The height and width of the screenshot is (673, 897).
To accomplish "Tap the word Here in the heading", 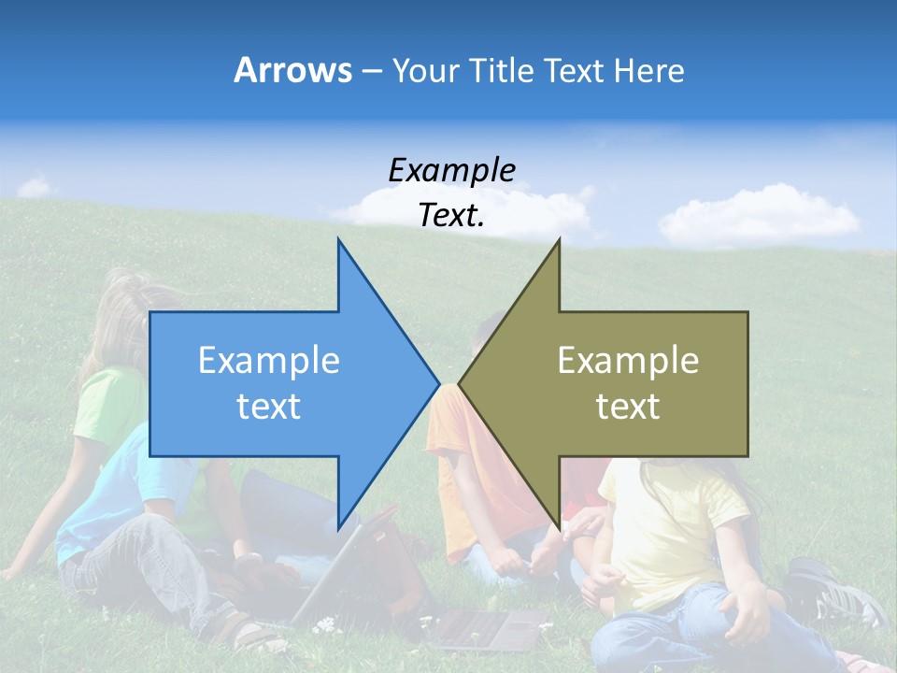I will click(649, 70).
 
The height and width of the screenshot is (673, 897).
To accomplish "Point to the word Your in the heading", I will click(425, 70).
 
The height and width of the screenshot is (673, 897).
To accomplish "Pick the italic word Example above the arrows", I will click(451, 170).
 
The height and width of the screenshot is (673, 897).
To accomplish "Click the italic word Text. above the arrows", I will click(451, 215).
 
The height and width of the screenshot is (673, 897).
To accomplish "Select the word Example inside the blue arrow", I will click(268, 361).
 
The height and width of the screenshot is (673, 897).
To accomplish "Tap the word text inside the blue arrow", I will click(268, 407).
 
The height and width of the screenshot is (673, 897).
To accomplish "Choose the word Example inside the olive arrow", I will click(628, 361).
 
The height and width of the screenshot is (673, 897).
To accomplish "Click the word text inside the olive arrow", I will click(628, 407).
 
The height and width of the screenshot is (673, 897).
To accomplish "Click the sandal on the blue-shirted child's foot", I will click(252, 636).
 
